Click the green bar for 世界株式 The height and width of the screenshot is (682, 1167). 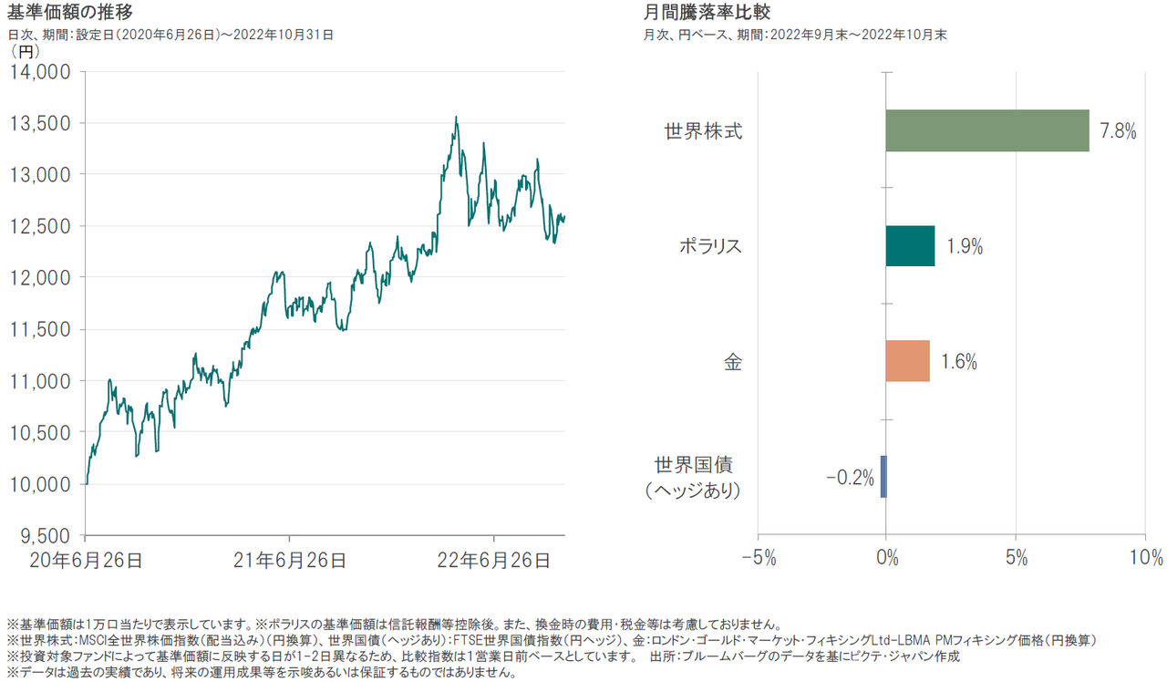[x=987, y=130]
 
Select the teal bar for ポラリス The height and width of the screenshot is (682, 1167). [x=910, y=246]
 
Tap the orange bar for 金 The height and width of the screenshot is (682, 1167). [x=907, y=361]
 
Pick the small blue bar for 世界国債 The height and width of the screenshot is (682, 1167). [x=883, y=476]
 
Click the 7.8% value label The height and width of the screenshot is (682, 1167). [x=1118, y=131]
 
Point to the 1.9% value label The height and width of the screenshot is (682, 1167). [x=964, y=247]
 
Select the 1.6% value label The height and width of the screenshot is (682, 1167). [x=958, y=362]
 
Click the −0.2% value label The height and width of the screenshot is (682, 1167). [x=851, y=477]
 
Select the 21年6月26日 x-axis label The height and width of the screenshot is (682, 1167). [x=289, y=561]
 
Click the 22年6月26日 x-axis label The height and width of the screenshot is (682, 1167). [x=494, y=561]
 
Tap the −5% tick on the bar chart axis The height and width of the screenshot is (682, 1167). [x=757, y=558]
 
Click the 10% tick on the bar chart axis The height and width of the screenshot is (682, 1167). [x=1145, y=558]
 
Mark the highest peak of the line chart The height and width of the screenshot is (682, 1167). [x=456, y=117]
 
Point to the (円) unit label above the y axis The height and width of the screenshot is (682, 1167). [x=24, y=52]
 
